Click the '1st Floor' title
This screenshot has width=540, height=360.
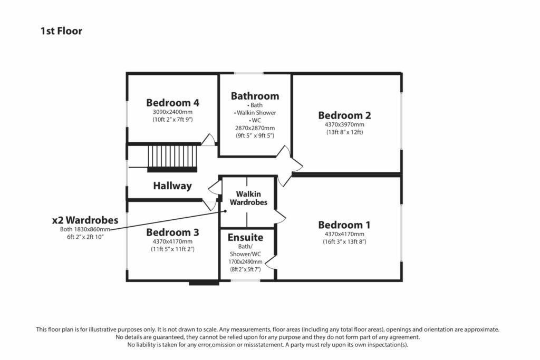coord(61,31)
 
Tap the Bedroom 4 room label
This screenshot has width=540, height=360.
coord(172,102)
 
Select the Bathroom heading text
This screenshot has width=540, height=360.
coord(255,96)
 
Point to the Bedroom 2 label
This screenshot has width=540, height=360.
coord(344,115)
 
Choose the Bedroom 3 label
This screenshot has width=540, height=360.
coord(172,232)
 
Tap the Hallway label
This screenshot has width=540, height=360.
coord(172,186)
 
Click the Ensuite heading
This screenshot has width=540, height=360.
coord(245,238)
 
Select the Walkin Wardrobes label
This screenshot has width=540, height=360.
coord(248,198)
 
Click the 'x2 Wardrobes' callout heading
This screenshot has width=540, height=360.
coord(85,220)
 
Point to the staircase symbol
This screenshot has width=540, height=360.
coord(172,158)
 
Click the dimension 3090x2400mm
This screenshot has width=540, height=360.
coord(172,112)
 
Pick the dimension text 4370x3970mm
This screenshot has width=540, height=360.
coord(344,125)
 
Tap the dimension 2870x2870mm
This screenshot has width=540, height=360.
coord(255,128)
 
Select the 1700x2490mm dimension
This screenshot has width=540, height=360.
coord(245,261)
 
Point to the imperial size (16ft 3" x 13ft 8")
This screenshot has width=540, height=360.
coord(344,242)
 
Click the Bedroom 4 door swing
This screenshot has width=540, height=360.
coord(208,140)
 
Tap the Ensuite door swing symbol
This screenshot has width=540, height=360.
coord(271,261)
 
